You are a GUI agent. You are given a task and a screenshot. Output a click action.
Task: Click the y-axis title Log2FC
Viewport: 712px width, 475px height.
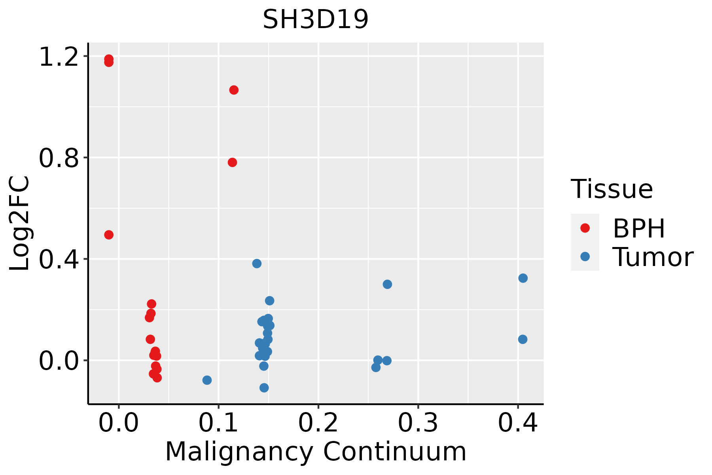click(20, 224)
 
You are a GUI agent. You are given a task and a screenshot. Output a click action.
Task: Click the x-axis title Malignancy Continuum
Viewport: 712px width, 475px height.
click(316, 451)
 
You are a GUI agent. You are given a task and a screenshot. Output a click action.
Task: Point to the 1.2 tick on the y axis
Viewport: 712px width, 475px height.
click(59, 57)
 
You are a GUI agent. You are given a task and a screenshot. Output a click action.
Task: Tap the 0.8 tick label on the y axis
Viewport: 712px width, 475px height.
click(59, 158)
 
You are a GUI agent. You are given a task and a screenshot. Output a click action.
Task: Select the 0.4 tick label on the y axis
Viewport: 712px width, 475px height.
click(59, 259)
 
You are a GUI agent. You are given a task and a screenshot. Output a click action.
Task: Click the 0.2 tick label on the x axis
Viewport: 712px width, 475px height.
click(318, 423)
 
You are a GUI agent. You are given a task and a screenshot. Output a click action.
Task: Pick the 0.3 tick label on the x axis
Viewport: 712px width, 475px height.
click(418, 423)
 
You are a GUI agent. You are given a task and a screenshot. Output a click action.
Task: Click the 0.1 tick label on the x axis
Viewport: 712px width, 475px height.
click(218, 423)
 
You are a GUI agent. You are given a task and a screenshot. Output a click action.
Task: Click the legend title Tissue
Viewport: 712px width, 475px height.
click(612, 189)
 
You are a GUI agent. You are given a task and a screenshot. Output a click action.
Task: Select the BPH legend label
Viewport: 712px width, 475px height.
click(639, 228)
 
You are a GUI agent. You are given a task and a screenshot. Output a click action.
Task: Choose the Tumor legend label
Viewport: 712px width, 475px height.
click(653, 257)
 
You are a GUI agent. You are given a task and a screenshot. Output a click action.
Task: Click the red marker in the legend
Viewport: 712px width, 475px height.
click(585, 228)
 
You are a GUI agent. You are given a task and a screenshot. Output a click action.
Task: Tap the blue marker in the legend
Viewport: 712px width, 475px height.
click(585, 256)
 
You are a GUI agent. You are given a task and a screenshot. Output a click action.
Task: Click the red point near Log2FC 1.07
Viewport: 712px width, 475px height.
click(234, 90)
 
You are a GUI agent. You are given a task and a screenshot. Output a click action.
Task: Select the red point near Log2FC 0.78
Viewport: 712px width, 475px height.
click(232, 162)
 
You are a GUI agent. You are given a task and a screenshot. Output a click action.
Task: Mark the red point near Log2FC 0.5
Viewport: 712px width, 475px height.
click(109, 235)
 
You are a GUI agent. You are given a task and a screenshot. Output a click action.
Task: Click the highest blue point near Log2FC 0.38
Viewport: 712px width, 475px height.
click(257, 264)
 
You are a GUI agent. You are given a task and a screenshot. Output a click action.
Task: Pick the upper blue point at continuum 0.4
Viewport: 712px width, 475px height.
click(523, 278)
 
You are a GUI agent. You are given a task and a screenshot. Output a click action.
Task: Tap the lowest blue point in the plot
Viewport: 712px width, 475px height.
click(264, 388)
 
